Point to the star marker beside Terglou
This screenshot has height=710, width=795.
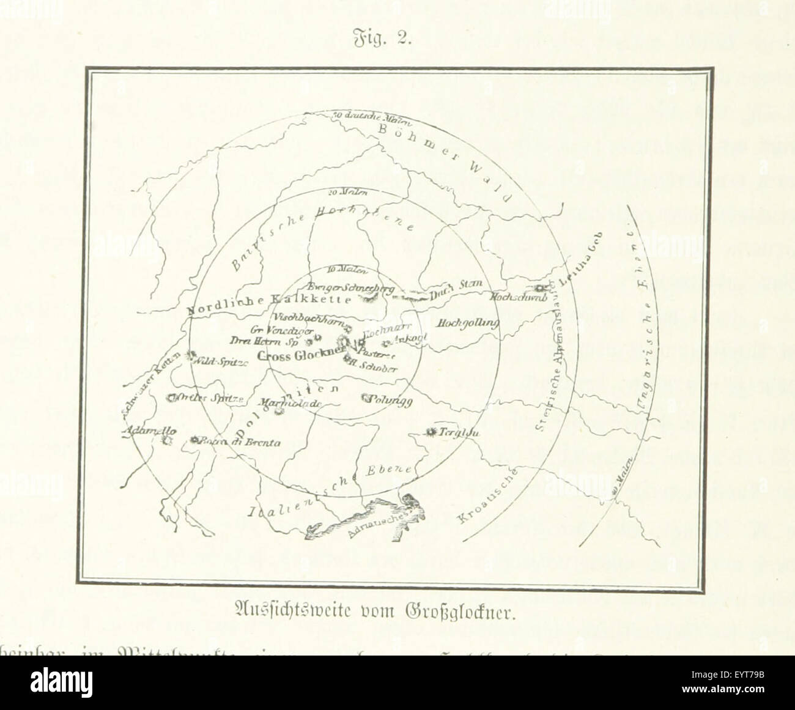click(431, 433)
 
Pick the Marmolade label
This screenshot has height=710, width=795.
click(290, 404)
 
